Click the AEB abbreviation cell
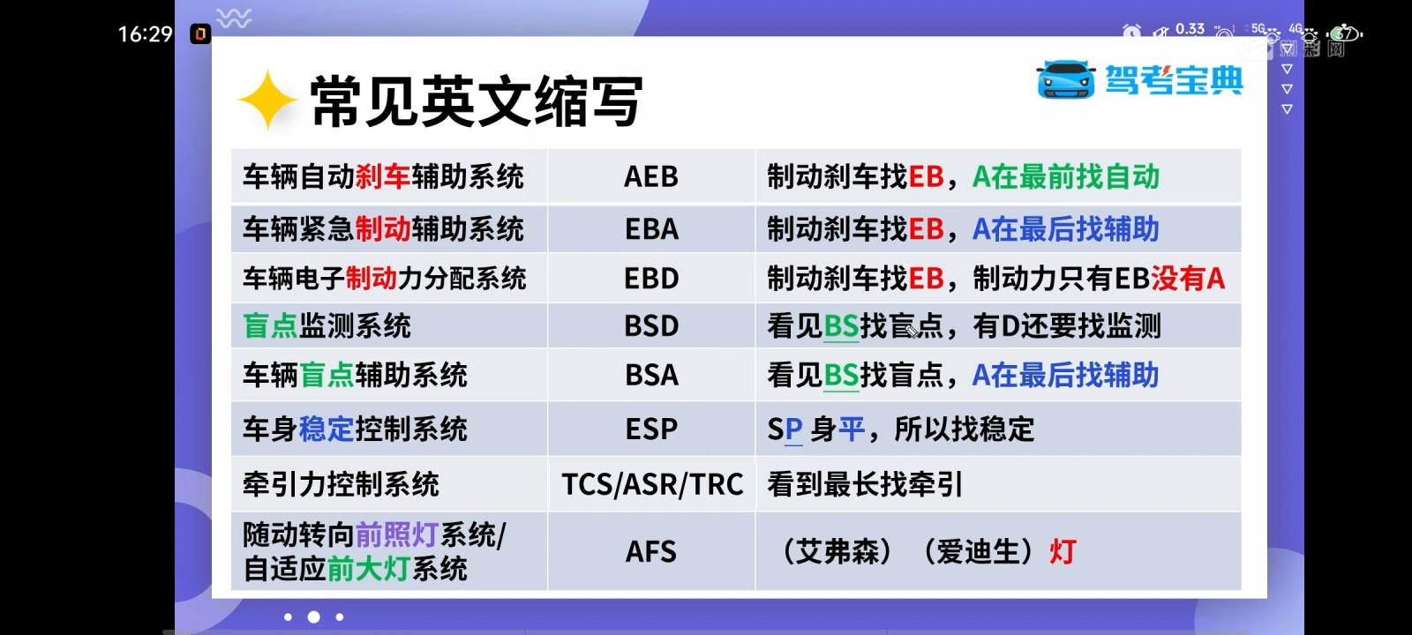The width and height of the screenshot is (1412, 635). [x=651, y=176]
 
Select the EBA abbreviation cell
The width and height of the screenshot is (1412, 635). [x=651, y=228]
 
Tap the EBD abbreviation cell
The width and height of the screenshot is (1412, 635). [x=651, y=278]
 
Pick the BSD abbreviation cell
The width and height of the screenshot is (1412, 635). [x=651, y=325]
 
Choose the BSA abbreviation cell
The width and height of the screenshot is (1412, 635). [x=651, y=375]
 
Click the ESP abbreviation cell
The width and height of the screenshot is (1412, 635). [x=651, y=429]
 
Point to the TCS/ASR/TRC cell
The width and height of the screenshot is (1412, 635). [x=652, y=484]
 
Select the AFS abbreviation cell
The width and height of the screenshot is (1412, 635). [x=651, y=552]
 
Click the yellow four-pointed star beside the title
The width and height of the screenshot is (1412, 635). [x=267, y=100]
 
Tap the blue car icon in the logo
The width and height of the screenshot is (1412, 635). [x=1066, y=79]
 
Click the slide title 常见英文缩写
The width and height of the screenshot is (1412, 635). [x=477, y=101]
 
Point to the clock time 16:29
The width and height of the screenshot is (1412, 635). [x=145, y=34]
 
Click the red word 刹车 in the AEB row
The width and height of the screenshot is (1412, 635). [x=383, y=176]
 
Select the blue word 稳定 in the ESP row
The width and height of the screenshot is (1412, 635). [x=327, y=429]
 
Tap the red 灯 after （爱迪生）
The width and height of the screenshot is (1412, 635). [x=1063, y=552]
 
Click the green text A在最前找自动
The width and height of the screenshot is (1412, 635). [x=1066, y=176]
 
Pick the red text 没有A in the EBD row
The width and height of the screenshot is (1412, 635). [x=1188, y=278]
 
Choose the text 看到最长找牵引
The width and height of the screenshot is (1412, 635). [x=865, y=484]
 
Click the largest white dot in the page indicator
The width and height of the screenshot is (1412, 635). [x=313, y=617]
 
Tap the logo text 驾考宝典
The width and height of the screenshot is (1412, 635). [x=1175, y=80]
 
